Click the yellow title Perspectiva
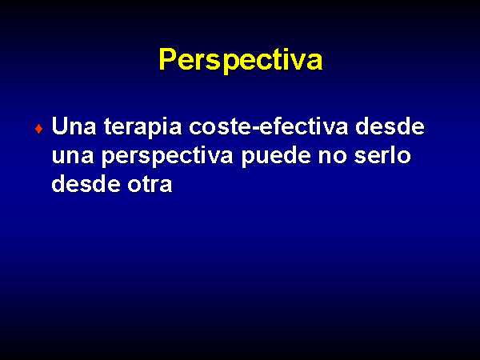point(241,60)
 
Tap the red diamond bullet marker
point(39,129)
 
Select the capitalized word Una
point(74,126)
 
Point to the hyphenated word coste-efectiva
point(269,126)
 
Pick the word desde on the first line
point(390,126)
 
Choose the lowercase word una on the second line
point(73,156)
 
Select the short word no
point(332,156)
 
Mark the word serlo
point(382,155)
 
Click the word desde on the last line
point(86,183)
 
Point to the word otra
point(150,185)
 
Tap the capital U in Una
point(60,126)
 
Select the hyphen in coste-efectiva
point(255,128)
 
